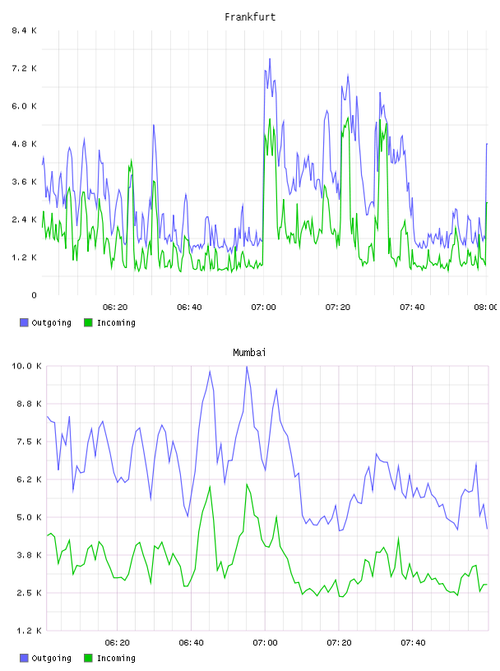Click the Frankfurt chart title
[250, 17]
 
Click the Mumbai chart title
[249, 353]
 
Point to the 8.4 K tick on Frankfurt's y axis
[25, 30]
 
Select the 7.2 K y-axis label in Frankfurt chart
[25, 68]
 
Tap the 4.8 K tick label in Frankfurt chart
[25, 144]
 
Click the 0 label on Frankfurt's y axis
[34, 295]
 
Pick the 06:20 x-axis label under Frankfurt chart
[115, 308]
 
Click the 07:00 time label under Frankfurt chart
[264, 308]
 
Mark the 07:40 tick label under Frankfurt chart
[412, 308]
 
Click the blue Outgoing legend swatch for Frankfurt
[24, 322]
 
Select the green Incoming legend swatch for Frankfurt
[88, 322]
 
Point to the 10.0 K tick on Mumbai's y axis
[26, 366]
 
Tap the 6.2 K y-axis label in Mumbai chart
[29, 479]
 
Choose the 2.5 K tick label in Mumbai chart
[29, 593]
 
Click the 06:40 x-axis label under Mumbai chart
[192, 643]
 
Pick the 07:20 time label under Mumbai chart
[340, 643]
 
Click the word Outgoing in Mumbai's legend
[51, 658]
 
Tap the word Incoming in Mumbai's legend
[116, 658]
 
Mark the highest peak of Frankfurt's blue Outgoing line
[270, 59]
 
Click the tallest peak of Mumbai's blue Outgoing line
[247, 367]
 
